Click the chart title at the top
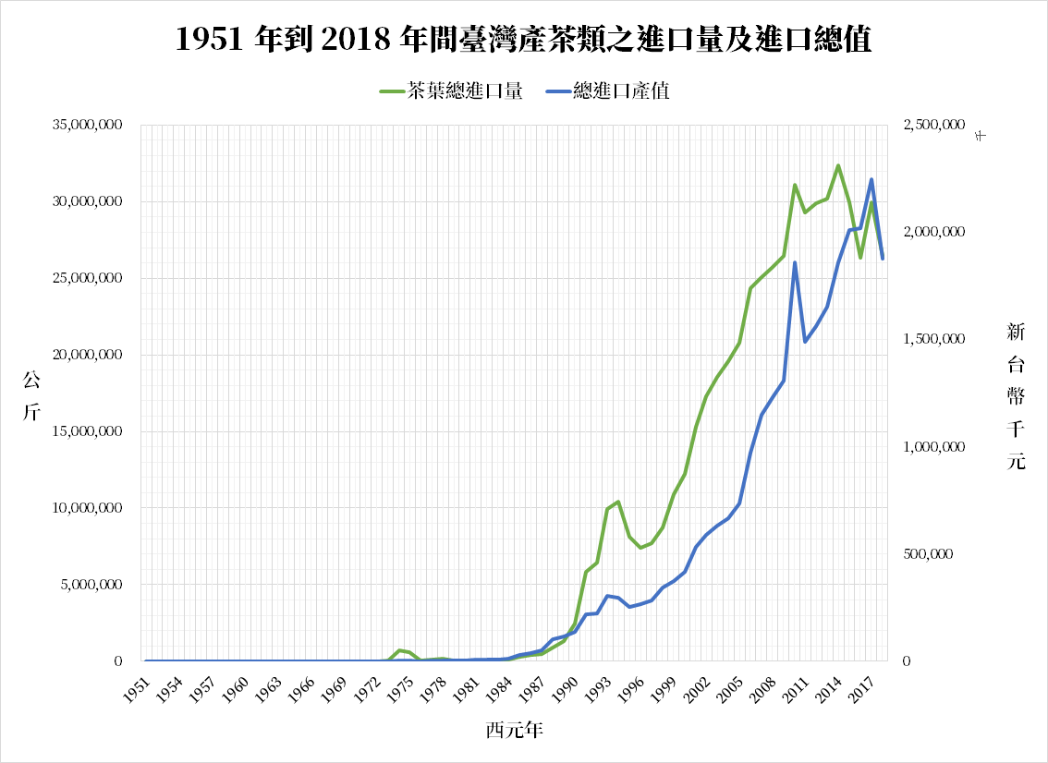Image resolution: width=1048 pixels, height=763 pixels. [523, 40]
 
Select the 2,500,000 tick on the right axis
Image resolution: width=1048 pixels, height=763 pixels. [931, 126]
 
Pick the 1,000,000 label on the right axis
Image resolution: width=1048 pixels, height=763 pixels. [931, 447]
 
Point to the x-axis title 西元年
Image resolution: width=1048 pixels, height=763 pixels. [514, 730]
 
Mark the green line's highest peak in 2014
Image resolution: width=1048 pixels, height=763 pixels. [837, 166]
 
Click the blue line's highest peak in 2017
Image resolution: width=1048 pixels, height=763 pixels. [871, 179]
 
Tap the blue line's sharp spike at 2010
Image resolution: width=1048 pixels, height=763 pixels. [795, 262]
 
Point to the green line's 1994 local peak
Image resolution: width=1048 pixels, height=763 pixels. [618, 502]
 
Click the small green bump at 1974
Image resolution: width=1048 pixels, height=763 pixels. [399, 650]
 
